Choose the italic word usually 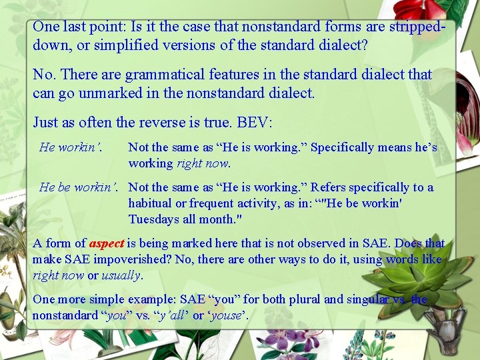click(x=121, y=275)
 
